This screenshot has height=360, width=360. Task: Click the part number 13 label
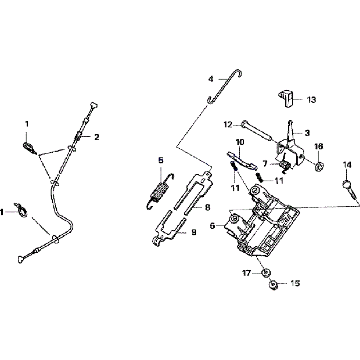(311, 100)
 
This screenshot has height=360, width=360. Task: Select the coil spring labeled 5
(160, 191)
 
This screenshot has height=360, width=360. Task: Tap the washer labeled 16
(319, 166)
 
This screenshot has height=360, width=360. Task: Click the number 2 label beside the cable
(96, 137)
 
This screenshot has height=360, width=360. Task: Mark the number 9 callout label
(194, 232)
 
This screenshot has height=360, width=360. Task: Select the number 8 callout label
(207, 208)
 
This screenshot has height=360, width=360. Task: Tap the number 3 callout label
(307, 133)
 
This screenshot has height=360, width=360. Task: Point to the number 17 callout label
(246, 274)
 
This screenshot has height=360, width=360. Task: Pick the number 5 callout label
(161, 160)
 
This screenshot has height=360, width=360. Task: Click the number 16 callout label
(319, 147)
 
